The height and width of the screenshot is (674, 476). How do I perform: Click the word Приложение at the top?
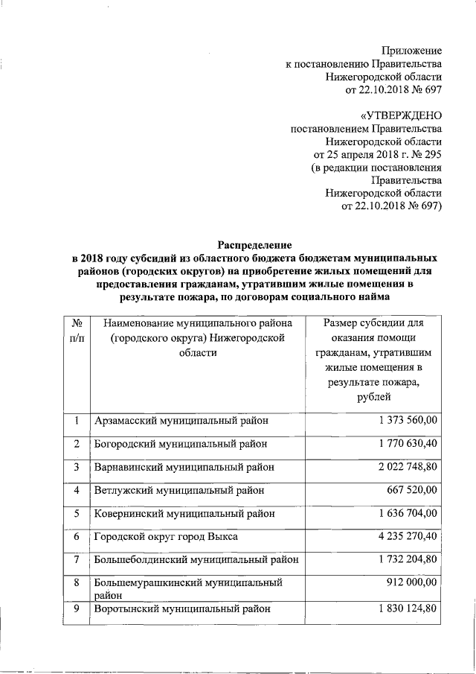pos(411,51)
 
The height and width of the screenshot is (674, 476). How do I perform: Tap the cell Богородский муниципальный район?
pos(181,444)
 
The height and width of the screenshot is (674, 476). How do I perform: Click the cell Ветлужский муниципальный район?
pos(179,491)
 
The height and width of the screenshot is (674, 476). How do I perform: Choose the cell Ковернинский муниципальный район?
pos(184,514)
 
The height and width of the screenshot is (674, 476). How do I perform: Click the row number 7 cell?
pos(76,559)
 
